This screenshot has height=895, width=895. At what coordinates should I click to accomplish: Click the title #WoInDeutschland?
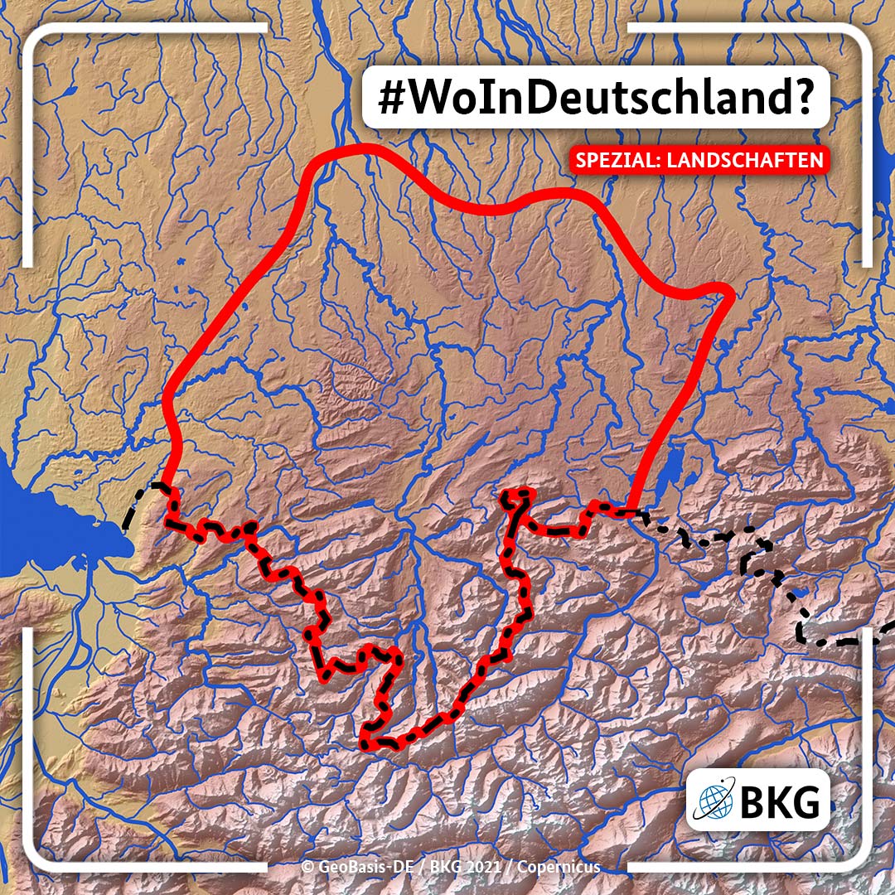[595, 98]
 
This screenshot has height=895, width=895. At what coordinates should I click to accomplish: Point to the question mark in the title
[797, 98]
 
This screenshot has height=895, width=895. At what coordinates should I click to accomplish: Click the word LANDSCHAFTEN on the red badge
[733, 160]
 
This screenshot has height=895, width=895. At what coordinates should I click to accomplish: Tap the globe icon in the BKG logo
[714, 802]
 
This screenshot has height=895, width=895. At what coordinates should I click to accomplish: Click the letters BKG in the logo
[778, 802]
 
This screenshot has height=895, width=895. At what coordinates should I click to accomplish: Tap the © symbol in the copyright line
[307, 867]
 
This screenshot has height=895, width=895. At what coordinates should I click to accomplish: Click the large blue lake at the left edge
[50, 530]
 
